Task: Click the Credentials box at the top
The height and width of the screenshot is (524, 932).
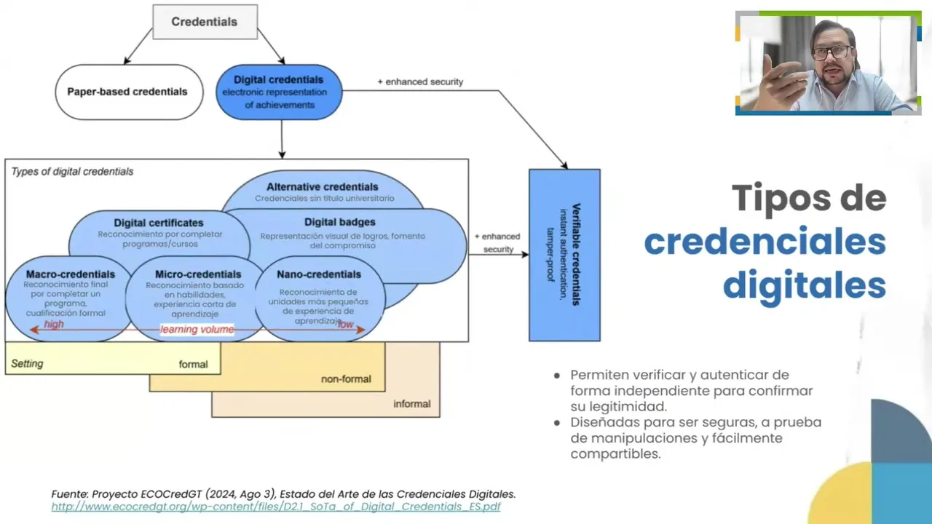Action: coord(205,22)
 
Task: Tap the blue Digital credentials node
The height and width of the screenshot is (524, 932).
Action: coord(279,92)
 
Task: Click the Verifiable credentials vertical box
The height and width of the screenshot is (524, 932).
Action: coord(564,255)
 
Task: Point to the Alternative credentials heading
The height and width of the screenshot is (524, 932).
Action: coord(322,187)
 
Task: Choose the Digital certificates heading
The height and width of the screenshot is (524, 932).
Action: coord(159,223)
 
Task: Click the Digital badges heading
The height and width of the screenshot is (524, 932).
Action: coord(340,222)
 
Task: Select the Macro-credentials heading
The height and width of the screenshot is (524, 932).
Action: coord(71,274)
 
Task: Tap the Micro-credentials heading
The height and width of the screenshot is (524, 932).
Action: coord(198,274)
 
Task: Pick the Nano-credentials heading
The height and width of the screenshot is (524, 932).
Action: coord(319,274)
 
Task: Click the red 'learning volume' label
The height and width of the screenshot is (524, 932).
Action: coord(197,330)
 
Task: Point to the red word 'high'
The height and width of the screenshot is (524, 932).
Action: coord(54,325)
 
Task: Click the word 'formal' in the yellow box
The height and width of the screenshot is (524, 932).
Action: coord(193,364)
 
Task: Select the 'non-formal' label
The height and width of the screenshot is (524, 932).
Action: coord(346,378)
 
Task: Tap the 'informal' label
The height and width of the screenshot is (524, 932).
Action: coord(412,404)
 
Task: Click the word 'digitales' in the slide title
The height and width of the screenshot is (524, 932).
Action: coord(804,285)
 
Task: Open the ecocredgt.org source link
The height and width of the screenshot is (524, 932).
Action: coord(276,507)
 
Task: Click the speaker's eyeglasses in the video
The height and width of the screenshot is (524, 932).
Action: coord(832,53)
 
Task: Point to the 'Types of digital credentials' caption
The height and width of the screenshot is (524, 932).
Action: coord(72,172)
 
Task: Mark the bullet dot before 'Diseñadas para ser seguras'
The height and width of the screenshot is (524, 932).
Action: coord(557,423)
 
